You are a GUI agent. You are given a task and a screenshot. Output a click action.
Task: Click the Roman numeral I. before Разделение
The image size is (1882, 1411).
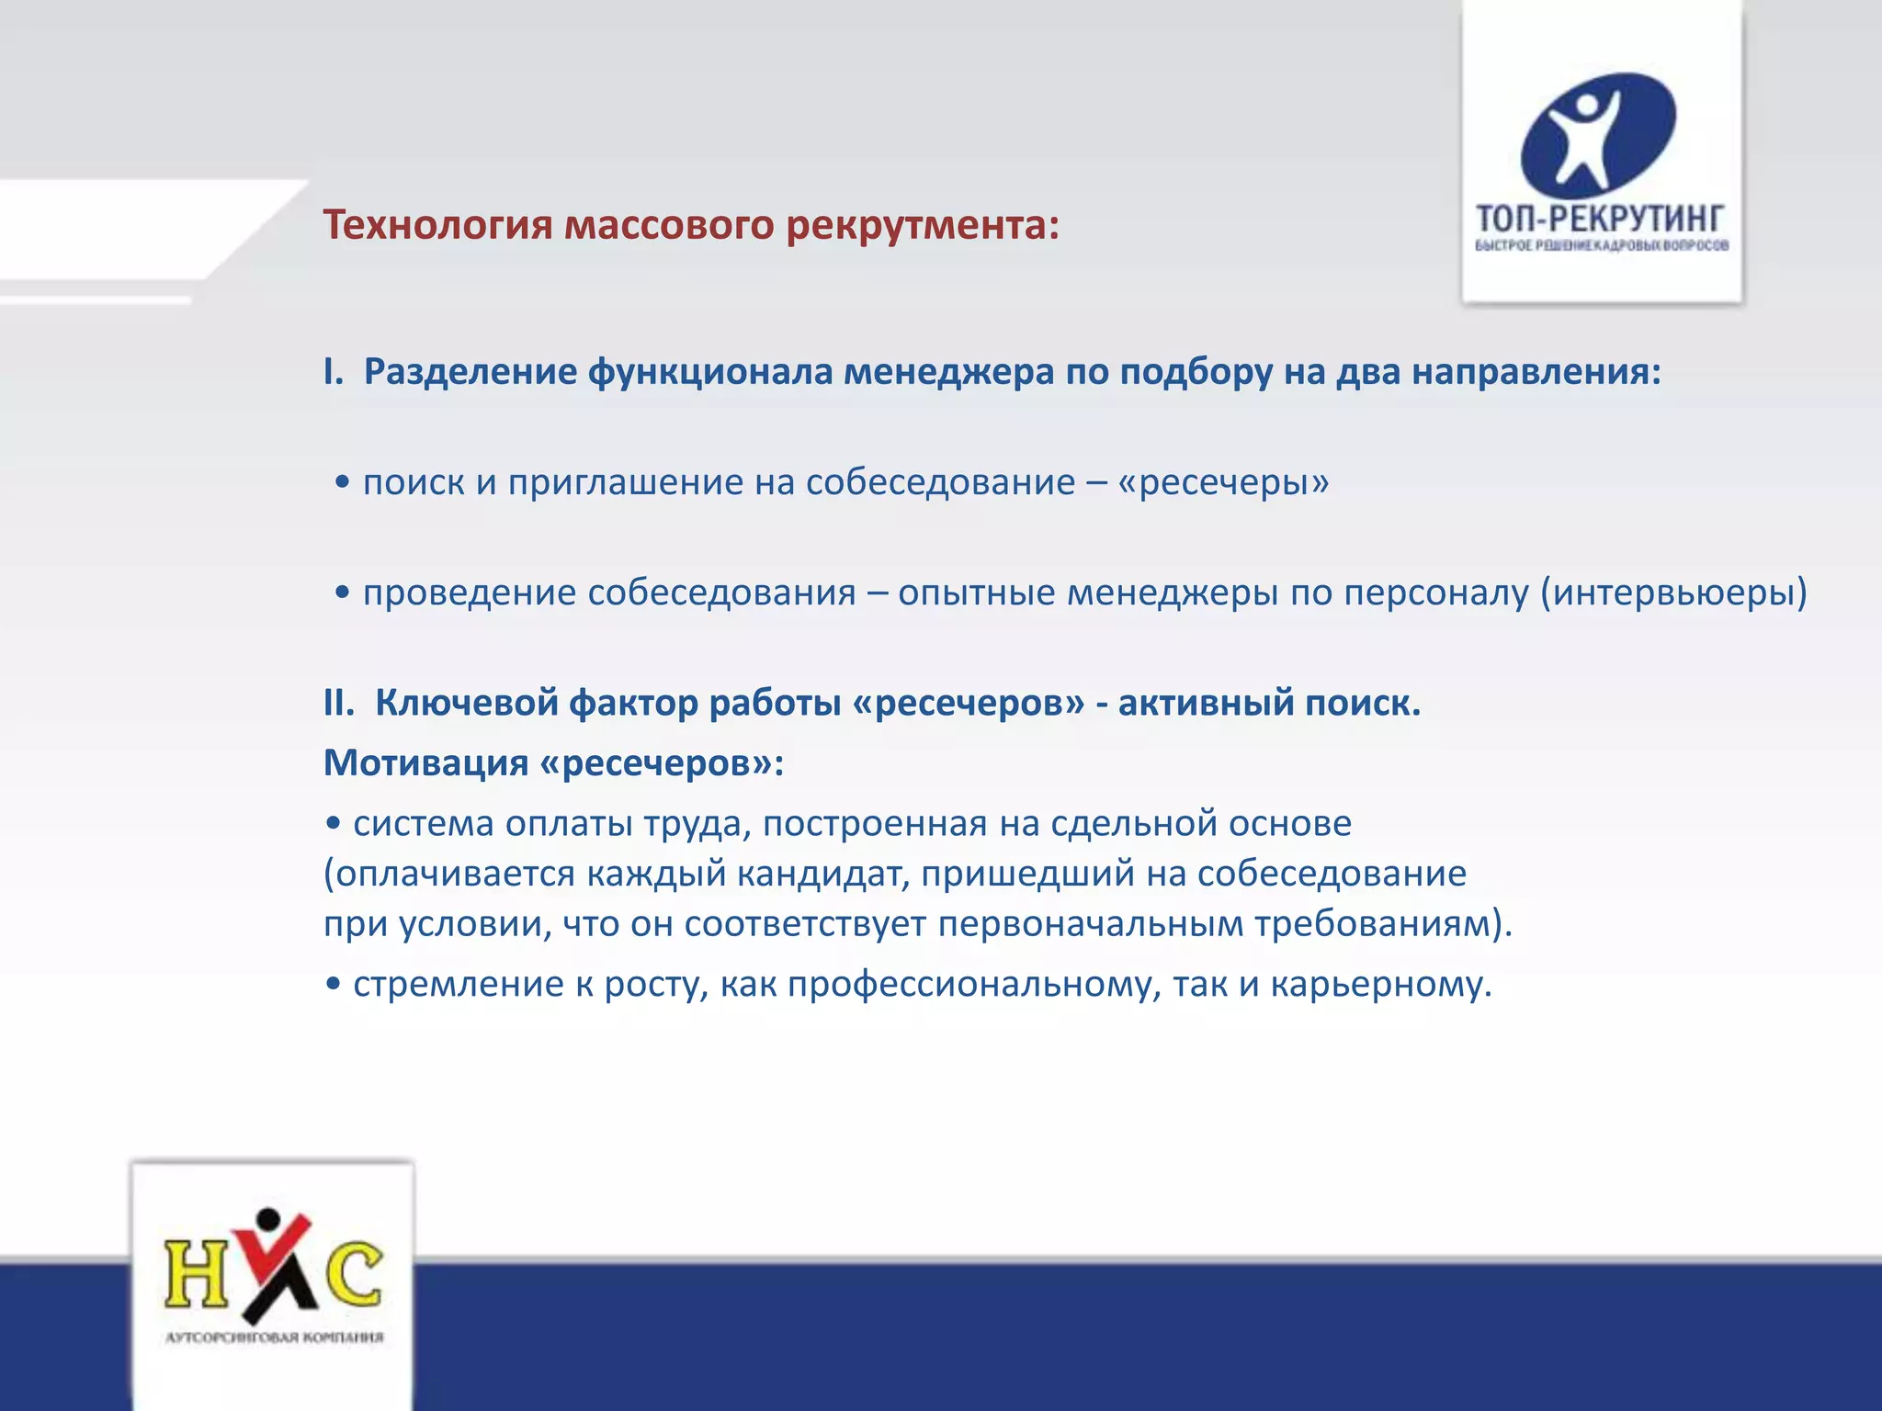pyautogui.click(x=333, y=372)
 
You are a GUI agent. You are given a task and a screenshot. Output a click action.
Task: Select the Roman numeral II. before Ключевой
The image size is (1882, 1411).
pyautogui.click(x=338, y=703)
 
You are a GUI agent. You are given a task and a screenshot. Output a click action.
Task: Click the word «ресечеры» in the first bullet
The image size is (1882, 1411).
pyautogui.click(x=1223, y=482)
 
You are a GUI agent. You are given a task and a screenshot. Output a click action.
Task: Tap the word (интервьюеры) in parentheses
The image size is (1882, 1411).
pyautogui.click(x=1673, y=593)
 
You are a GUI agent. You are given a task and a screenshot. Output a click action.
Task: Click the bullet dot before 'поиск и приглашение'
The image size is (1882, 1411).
pyautogui.click(x=343, y=483)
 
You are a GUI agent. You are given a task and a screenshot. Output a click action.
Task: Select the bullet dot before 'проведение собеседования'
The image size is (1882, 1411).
pyautogui.click(x=343, y=593)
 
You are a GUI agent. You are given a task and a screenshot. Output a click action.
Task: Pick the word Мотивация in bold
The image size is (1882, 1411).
pyautogui.click(x=425, y=762)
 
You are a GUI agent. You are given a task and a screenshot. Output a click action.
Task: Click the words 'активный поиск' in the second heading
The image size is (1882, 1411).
pyautogui.click(x=1268, y=703)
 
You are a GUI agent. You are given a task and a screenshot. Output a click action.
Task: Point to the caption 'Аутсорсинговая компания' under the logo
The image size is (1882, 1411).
pyautogui.click(x=274, y=1337)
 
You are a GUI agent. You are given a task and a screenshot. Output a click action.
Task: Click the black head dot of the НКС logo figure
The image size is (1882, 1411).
pyautogui.click(x=268, y=1220)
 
